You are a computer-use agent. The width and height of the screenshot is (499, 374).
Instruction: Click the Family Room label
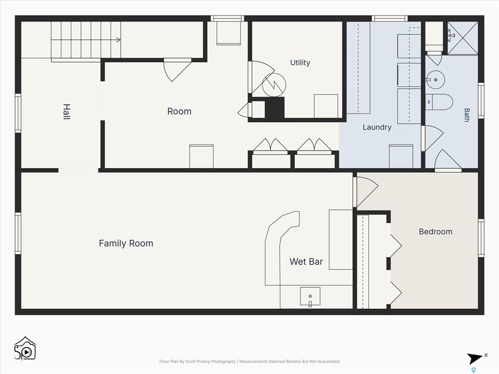126,243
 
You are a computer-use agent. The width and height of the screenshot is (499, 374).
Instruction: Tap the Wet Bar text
306,262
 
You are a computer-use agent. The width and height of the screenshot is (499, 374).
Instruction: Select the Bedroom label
435,231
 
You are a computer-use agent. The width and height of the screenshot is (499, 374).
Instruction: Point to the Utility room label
300,63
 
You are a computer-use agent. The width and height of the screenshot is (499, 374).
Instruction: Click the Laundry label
377,127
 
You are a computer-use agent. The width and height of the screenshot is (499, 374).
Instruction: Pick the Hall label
66,112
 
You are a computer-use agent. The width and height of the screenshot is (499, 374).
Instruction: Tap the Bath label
466,115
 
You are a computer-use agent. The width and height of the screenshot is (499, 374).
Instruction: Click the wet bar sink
310,297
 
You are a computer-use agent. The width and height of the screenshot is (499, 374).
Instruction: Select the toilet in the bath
439,102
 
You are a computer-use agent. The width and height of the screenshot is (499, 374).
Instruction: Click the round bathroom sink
435,79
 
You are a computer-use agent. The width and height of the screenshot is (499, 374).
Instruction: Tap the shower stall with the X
463,37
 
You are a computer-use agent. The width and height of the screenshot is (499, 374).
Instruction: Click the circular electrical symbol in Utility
274,85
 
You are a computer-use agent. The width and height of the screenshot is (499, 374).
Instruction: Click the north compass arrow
475,358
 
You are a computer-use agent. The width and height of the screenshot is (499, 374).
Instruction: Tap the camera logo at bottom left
25,348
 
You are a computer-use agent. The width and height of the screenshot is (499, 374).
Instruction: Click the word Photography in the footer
223,361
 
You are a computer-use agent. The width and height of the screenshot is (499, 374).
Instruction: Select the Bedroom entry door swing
366,192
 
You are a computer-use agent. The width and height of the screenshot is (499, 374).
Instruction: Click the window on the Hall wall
18,113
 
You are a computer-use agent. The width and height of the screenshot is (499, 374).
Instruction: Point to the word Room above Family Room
179,112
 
